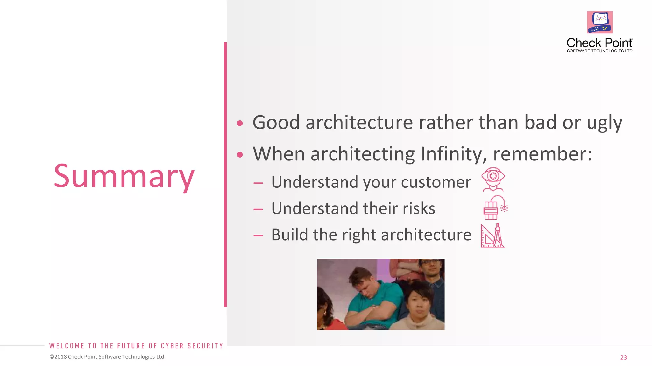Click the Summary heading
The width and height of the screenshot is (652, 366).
pos(124,176)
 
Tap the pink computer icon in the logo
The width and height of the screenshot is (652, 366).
pos(599,22)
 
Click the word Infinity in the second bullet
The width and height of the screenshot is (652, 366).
pos(453,154)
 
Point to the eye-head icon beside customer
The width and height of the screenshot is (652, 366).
pos(493,179)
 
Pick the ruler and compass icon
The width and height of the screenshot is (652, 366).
pos(493,235)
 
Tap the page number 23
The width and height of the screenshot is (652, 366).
pos(623,357)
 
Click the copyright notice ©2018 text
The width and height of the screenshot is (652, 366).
pos(107,357)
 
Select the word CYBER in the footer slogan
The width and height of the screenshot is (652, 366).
pos(172,346)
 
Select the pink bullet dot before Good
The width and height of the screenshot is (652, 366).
pos(240,123)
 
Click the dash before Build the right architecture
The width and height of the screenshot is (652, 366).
pos(258,235)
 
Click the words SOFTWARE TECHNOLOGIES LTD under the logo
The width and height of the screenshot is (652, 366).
pos(599,51)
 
